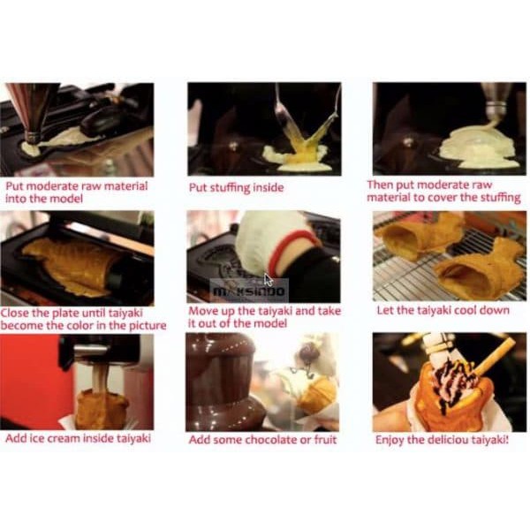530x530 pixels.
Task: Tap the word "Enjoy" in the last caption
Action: click(390, 440)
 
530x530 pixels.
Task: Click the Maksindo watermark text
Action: click(249, 289)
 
